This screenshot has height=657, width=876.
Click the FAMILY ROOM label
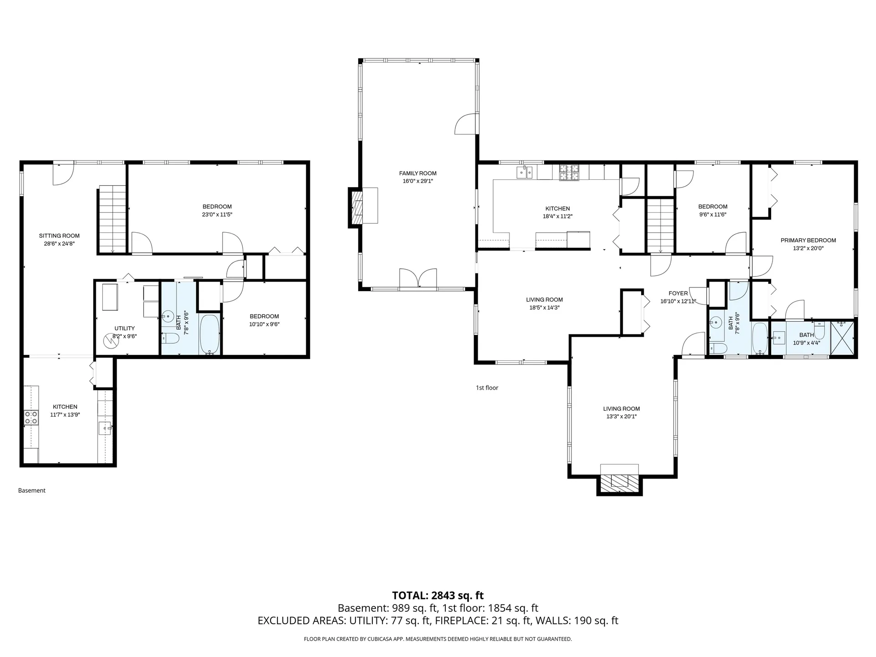point(417,173)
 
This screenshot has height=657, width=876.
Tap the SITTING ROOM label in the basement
point(59,236)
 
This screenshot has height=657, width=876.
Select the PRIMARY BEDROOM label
point(808,240)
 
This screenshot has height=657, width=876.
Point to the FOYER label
point(678,293)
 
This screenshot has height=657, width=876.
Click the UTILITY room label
point(125,328)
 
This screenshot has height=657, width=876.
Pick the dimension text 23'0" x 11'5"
point(217,214)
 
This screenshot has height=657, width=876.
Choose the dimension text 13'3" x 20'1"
point(621,417)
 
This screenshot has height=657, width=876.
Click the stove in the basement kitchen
point(31,417)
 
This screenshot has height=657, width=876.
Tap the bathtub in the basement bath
point(209,334)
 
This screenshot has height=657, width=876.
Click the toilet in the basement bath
point(171,339)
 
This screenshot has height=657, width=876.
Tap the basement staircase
point(112,220)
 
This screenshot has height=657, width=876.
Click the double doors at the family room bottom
point(418,278)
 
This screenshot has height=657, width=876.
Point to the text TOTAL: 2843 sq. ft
point(438,595)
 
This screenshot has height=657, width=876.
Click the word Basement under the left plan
point(32,490)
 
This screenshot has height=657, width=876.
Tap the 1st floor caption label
point(487,388)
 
